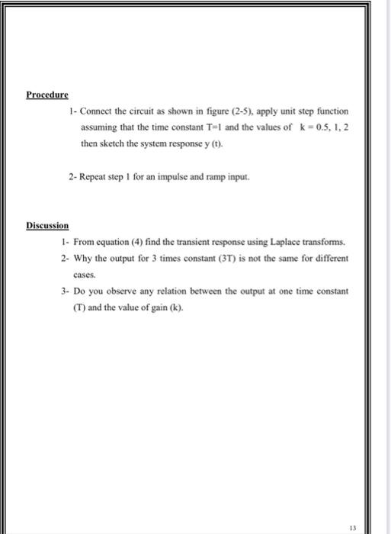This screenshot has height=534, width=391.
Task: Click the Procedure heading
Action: coord(46,95)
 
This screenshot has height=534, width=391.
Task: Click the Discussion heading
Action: coord(47,226)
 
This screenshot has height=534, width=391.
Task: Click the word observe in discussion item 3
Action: coord(119,292)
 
